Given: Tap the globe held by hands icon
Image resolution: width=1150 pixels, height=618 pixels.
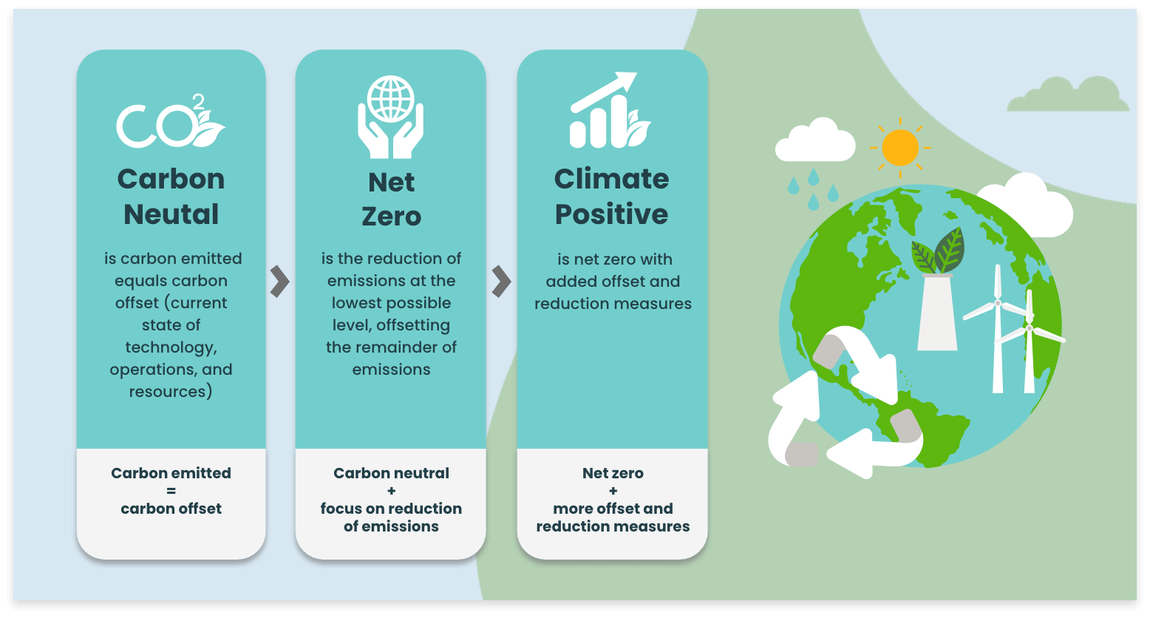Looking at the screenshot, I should (390, 116).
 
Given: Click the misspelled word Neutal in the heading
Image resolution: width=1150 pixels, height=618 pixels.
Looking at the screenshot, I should (171, 214).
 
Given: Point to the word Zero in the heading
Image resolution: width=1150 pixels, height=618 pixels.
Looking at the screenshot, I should (391, 217).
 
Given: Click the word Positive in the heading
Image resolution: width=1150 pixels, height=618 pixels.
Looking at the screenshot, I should (611, 214).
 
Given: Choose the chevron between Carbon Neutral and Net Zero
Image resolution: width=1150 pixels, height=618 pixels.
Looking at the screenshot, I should (279, 282).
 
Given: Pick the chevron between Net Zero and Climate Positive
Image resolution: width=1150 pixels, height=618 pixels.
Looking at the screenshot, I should (501, 282).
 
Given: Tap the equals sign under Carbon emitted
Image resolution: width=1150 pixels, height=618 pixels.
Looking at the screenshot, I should (171, 491).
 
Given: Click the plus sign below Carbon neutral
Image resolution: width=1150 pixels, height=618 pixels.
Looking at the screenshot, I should (391, 491).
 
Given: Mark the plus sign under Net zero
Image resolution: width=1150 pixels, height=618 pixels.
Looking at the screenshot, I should (613, 491).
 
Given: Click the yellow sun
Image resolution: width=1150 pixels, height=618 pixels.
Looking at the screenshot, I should (899, 147).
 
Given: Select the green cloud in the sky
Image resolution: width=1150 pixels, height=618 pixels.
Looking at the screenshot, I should (1069, 95).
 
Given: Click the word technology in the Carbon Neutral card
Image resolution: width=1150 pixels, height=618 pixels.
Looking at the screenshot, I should (170, 347).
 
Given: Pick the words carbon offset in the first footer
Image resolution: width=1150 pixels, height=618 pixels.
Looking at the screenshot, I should (171, 509).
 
